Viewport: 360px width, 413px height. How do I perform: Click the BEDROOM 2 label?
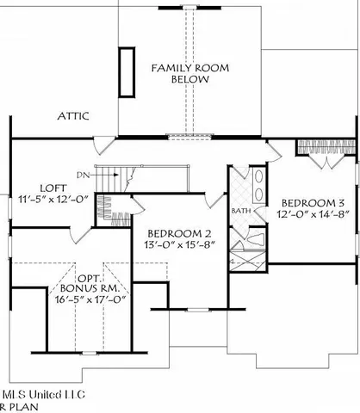tap(178, 233)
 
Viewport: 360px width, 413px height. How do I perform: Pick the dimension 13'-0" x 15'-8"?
tap(178, 246)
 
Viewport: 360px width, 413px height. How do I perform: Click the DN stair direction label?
tap(83, 175)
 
